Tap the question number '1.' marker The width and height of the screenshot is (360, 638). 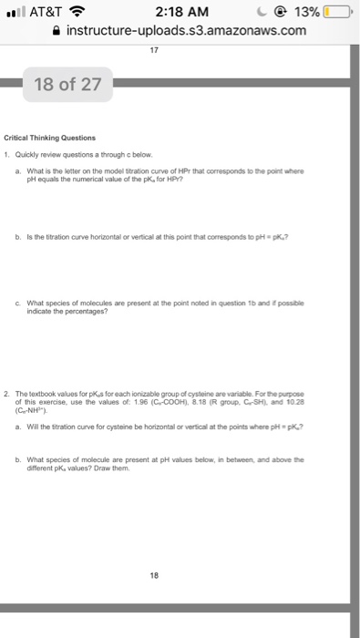click(x=31, y=153)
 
